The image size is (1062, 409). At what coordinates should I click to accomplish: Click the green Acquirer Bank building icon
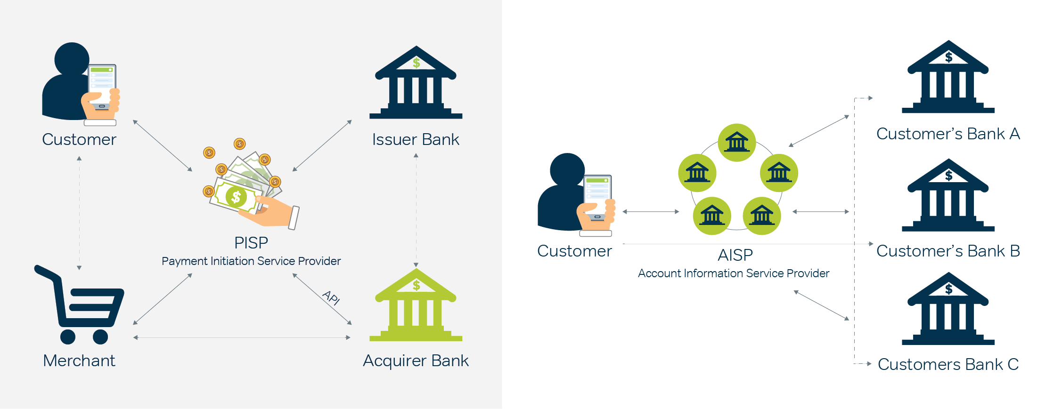point(416,306)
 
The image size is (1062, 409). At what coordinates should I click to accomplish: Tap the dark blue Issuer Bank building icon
point(416,84)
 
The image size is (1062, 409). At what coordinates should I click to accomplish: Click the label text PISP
point(251,243)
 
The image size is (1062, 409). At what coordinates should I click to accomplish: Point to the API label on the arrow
point(331,298)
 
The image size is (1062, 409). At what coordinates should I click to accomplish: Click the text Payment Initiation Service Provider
point(251,261)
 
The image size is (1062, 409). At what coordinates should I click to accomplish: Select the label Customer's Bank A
point(948,134)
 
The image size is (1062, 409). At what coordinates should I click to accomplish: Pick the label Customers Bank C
point(948,364)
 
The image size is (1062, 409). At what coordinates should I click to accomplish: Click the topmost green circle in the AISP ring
point(737,142)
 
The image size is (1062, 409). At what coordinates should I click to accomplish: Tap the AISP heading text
point(735,255)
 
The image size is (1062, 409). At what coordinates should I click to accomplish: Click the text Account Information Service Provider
point(734,273)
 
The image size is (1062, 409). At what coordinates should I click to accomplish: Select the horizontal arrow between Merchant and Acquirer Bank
point(242,337)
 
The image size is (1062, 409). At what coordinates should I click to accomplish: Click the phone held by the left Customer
point(102,85)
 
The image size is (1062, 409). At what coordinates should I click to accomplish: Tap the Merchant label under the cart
point(79,361)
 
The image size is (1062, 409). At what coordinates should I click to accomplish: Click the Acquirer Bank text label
point(416,361)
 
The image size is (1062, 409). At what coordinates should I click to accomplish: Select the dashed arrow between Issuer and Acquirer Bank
point(416,210)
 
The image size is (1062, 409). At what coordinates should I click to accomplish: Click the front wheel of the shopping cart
point(100,337)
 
